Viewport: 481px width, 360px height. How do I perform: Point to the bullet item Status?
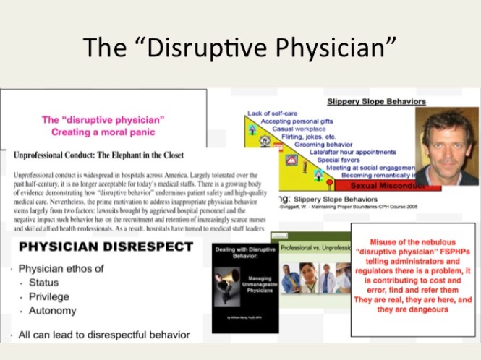click(x=43, y=283)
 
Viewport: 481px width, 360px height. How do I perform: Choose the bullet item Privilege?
click(x=48, y=297)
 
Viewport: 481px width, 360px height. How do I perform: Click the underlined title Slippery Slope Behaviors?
click(x=376, y=102)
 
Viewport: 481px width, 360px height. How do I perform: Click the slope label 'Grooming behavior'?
click(x=340, y=144)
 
